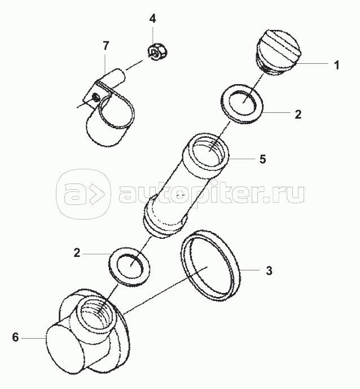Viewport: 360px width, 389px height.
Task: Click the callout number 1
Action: (x=336, y=65)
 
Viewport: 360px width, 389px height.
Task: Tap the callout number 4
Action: (x=153, y=19)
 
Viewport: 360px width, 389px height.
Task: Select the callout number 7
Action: (x=106, y=46)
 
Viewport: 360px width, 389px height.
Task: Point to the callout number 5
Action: (x=262, y=159)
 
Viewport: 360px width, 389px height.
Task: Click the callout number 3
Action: (x=269, y=270)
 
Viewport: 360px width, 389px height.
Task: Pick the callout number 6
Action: (x=15, y=338)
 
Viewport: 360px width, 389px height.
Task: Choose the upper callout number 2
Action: (x=298, y=115)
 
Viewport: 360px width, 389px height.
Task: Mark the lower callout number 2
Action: (x=77, y=253)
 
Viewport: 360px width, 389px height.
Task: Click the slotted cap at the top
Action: (x=279, y=51)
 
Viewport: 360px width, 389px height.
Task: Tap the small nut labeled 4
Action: (x=157, y=51)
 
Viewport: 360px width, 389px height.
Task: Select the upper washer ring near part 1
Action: (x=242, y=103)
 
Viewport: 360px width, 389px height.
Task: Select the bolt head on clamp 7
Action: (x=95, y=97)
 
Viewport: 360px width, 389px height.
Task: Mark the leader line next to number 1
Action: (x=314, y=63)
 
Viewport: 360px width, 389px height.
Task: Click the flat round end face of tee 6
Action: (x=65, y=346)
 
